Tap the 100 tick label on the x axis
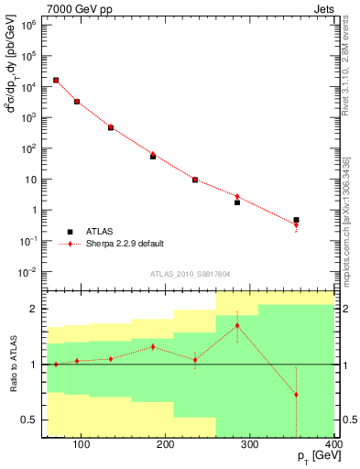click(x=82, y=446)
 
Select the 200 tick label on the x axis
click(x=166, y=446)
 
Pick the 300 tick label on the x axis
click(x=250, y=446)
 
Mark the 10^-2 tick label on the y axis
click(x=27, y=272)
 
